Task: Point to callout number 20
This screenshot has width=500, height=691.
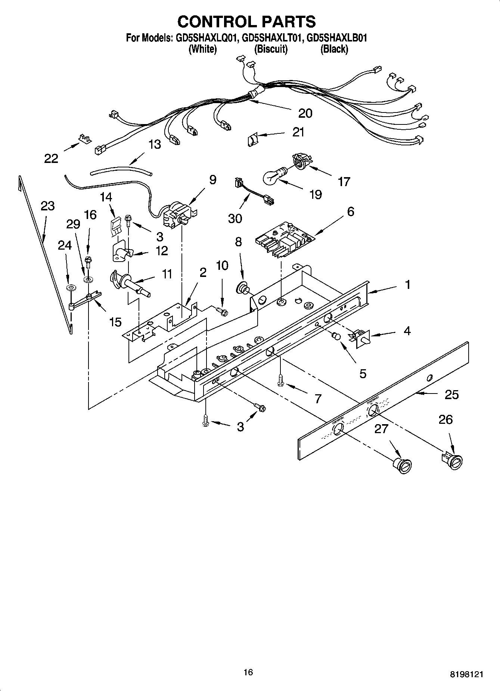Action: point(305,113)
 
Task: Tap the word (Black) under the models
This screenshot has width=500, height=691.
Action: point(334,49)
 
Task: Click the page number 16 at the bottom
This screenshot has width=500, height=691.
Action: point(248,672)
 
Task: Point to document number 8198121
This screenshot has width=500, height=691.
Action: point(466,674)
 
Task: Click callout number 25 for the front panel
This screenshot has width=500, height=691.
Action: point(451,395)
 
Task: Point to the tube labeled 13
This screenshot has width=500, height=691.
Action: point(121,172)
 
